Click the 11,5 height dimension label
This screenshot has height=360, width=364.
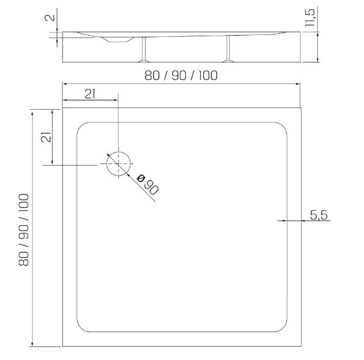[310, 18]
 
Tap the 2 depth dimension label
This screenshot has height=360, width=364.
[50, 18]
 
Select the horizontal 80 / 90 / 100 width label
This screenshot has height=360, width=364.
[181, 75]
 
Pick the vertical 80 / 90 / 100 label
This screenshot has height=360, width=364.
[24, 230]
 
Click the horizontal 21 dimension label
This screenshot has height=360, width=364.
[90, 94]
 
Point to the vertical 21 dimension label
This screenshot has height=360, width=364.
[46, 137]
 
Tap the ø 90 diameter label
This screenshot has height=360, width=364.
[148, 184]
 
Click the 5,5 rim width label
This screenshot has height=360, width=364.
[319, 215]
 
